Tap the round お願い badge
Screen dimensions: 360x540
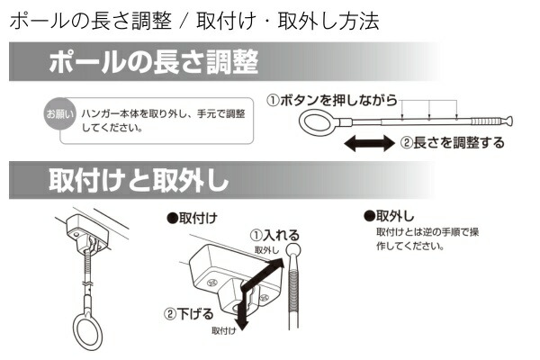[x=56, y=115]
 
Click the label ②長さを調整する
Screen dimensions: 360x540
[x=452, y=142]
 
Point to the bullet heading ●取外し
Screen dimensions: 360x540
[x=388, y=217]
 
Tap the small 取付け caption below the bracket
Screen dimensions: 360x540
[x=225, y=330]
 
